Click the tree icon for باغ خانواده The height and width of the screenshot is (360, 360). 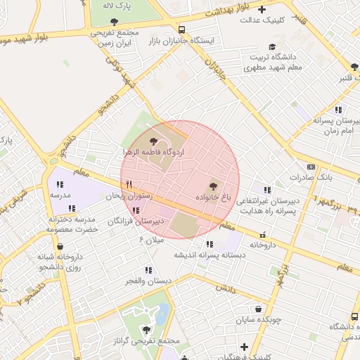click(x=213, y=186)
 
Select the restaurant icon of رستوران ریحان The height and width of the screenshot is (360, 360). click(x=128, y=185)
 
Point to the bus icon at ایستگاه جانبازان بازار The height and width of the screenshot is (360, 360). click(x=182, y=30)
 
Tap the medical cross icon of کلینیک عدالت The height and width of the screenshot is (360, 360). click(x=262, y=9)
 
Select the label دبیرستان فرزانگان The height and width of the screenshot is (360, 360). click(x=136, y=221)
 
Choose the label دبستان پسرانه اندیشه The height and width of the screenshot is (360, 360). click(x=209, y=255)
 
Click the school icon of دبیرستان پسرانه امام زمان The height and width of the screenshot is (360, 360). click(x=338, y=110)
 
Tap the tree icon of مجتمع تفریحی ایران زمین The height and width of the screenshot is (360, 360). click(x=114, y=21)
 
